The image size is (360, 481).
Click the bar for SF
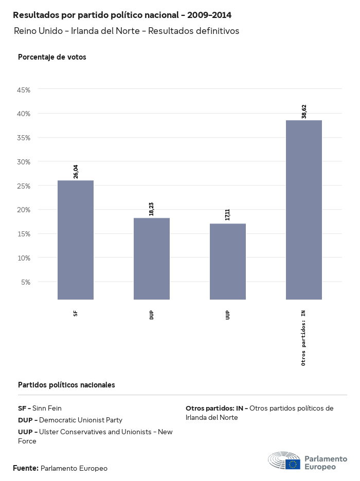76,239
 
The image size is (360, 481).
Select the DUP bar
152,258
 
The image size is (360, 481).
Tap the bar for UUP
228,261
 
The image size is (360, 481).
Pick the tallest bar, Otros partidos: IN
304,210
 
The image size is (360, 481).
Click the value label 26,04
76,172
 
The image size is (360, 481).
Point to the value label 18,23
152,209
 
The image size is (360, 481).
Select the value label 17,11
228,214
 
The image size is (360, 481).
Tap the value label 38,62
304,112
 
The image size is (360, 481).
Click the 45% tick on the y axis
24,89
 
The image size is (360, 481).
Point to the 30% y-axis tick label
24,161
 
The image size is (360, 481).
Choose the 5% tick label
26,282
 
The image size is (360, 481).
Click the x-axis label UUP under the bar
228,315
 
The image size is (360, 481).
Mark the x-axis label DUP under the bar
152,315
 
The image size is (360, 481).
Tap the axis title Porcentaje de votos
52,57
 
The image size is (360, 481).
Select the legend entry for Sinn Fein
40,408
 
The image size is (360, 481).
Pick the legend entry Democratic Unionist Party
70,420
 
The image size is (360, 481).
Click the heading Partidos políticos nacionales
66,384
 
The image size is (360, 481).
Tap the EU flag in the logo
294,464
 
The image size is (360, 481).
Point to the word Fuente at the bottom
26,468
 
